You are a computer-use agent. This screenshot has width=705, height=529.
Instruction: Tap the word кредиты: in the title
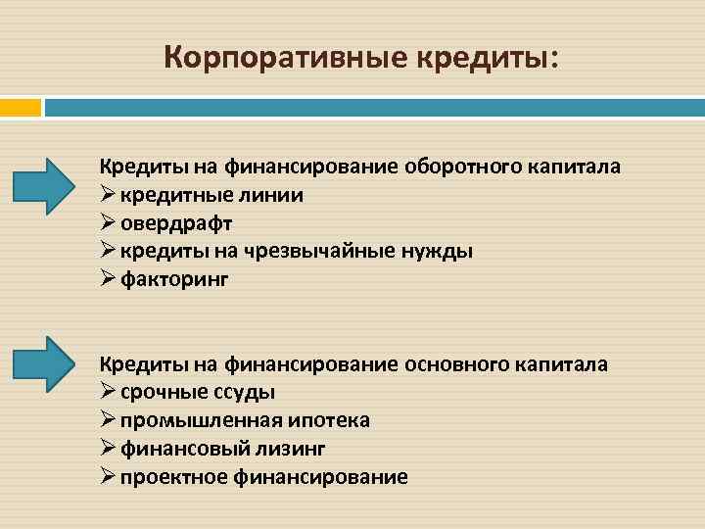click(x=490, y=57)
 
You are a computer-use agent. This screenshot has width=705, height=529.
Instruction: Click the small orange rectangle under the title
click(x=21, y=106)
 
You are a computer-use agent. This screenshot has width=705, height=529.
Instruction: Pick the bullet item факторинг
click(x=174, y=279)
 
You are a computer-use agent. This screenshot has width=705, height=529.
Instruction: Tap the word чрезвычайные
click(x=311, y=251)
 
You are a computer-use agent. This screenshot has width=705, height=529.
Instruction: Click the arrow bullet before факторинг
click(x=108, y=279)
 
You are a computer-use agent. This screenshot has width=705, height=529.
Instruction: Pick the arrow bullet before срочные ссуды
click(x=108, y=392)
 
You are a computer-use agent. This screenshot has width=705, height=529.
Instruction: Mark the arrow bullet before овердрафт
click(x=108, y=222)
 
